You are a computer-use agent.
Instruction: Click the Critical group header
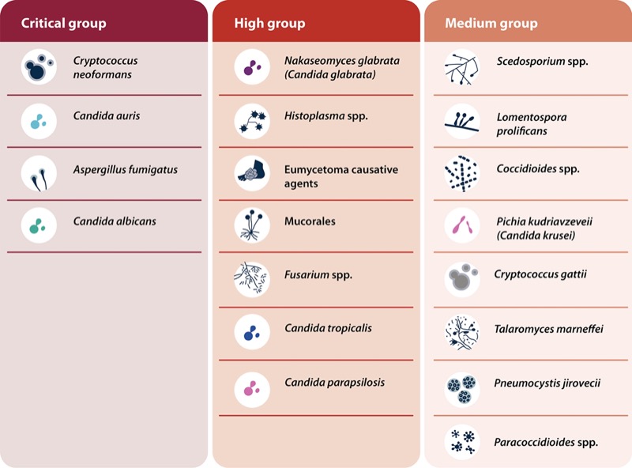coord(63,23)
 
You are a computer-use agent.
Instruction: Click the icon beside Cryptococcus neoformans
coord(38,68)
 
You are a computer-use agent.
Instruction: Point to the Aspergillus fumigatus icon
coord(38,172)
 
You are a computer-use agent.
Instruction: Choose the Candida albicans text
coord(115,221)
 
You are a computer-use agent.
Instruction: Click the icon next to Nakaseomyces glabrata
coord(252,68)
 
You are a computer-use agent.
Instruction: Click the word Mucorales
coord(310,221)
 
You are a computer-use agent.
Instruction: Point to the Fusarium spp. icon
coord(252,277)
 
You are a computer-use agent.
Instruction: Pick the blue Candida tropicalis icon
coord(252,331)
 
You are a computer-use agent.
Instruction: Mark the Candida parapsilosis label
coord(334,383)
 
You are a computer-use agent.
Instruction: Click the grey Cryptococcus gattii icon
coord(462,277)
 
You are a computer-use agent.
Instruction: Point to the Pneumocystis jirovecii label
coord(547,383)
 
